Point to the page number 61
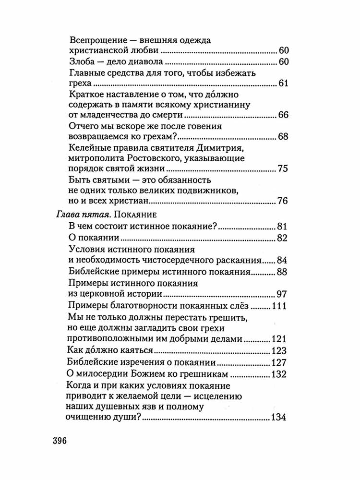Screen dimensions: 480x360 tap(283, 84)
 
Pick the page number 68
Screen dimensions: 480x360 tap(282, 137)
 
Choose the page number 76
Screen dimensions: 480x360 tap(282, 201)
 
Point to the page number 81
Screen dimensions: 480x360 tap(282, 227)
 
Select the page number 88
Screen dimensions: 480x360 tap(282, 273)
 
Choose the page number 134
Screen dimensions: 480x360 tap(279, 418)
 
